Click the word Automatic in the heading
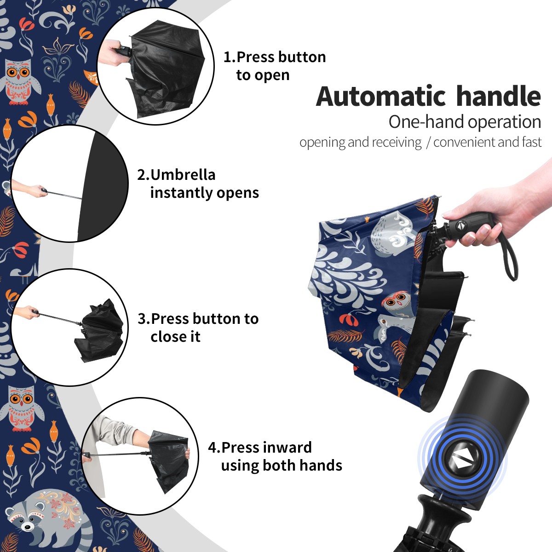pos(381,97)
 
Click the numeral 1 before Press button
pos(227,57)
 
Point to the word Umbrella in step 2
pos(183,175)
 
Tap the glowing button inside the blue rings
pos(462,461)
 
